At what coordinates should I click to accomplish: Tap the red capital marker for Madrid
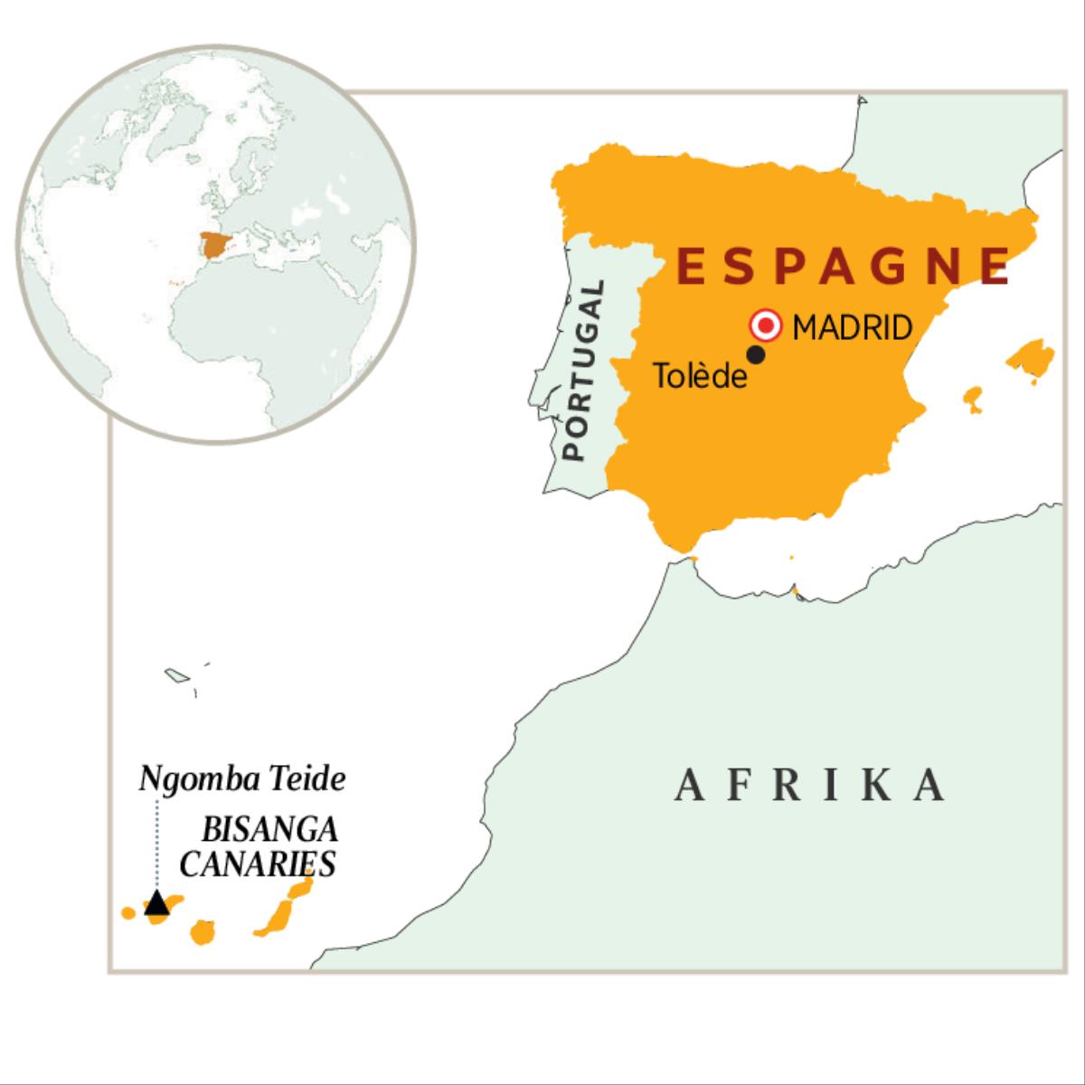pos(767,325)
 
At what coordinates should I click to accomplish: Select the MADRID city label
pos(852,327)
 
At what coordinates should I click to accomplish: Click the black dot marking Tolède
pos(756,355)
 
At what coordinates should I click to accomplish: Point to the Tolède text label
pos(700,375)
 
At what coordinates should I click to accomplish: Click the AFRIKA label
pos(811,785)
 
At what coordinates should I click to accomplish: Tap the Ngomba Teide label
pos(242,779)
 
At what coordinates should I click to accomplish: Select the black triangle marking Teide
pos(156,902)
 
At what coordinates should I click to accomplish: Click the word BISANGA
pos(270,830)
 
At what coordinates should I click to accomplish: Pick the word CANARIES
pos(258,863)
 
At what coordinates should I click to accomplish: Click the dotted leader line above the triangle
pos(156,841)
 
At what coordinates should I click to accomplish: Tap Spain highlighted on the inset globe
pos(216,245)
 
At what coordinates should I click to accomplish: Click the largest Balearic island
pos(1031,357)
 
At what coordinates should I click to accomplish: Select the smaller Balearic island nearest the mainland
pos(973,399)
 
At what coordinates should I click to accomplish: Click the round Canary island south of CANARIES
pos(203,932)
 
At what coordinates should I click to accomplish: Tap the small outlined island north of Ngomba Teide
pos(175,675)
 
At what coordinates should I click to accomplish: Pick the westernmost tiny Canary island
pos(128,913)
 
